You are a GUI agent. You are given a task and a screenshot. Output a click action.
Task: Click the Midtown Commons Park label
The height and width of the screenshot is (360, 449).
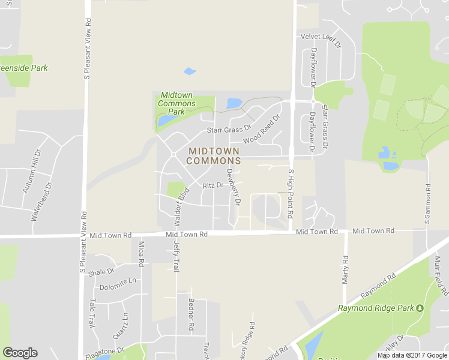tap(176, 103)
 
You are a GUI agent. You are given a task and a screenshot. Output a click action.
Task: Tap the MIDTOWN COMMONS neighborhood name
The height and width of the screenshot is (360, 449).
tap(214, 156)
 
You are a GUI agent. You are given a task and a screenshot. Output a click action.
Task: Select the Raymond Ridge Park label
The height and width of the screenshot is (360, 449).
tap(376, 308)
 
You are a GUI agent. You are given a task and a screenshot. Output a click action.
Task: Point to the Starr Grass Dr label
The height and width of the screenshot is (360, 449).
tap(229, 130)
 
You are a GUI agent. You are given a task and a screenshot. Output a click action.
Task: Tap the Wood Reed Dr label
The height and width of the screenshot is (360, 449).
tap(262, 129)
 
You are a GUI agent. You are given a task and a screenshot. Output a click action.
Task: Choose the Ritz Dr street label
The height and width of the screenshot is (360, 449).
tap(212, 186)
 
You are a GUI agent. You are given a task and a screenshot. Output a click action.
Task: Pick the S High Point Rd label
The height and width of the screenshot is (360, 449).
tap(291, 193)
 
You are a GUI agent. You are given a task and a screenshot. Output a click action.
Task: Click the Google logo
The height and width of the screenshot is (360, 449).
tap(20, 353)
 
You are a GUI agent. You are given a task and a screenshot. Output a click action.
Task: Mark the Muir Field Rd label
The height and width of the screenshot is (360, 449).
tap(441, 275)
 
